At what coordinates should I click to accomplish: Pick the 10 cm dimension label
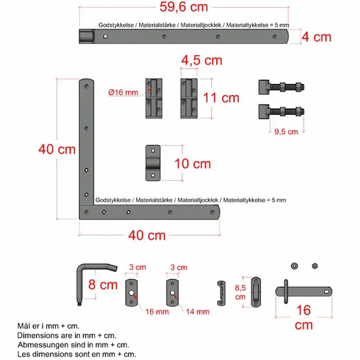192,164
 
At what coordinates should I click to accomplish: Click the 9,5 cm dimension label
285,131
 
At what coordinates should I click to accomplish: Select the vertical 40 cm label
56,149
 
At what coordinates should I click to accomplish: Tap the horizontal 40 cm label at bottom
147,235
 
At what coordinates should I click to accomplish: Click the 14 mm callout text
198,311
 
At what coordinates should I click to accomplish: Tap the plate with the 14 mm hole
171,292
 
